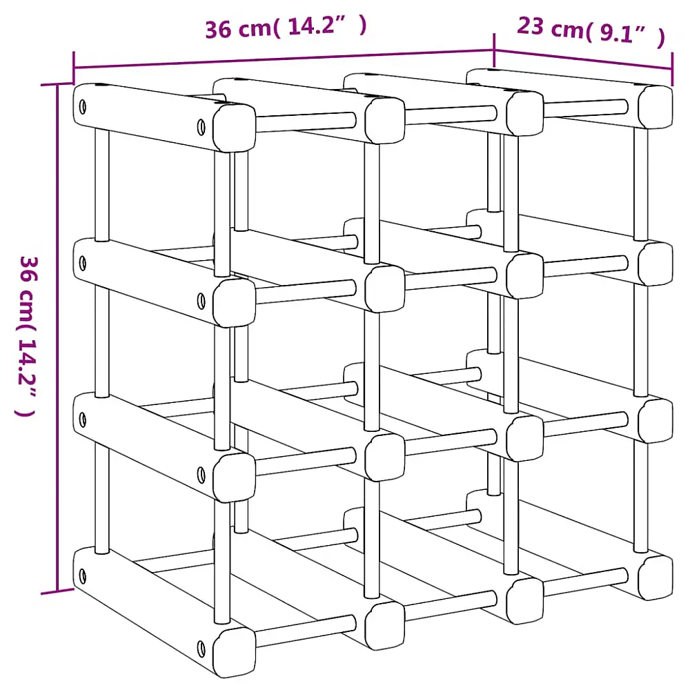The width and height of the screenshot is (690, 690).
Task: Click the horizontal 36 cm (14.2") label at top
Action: [285, 28]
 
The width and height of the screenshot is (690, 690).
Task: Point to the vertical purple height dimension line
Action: [57, 338]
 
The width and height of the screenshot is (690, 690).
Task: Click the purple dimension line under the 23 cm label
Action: [583, 59]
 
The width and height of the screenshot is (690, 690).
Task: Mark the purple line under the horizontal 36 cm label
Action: [283, 59]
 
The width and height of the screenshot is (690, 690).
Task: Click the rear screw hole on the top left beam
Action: [83, 107]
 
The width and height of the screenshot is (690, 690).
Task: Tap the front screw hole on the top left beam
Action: [201, 128]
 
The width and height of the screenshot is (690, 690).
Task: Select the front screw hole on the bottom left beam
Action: [201, 647]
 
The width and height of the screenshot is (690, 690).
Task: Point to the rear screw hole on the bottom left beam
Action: [83, 575]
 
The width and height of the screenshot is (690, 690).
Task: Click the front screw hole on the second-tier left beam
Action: [201, 300]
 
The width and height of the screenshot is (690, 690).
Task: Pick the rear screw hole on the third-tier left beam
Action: [83, 419]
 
